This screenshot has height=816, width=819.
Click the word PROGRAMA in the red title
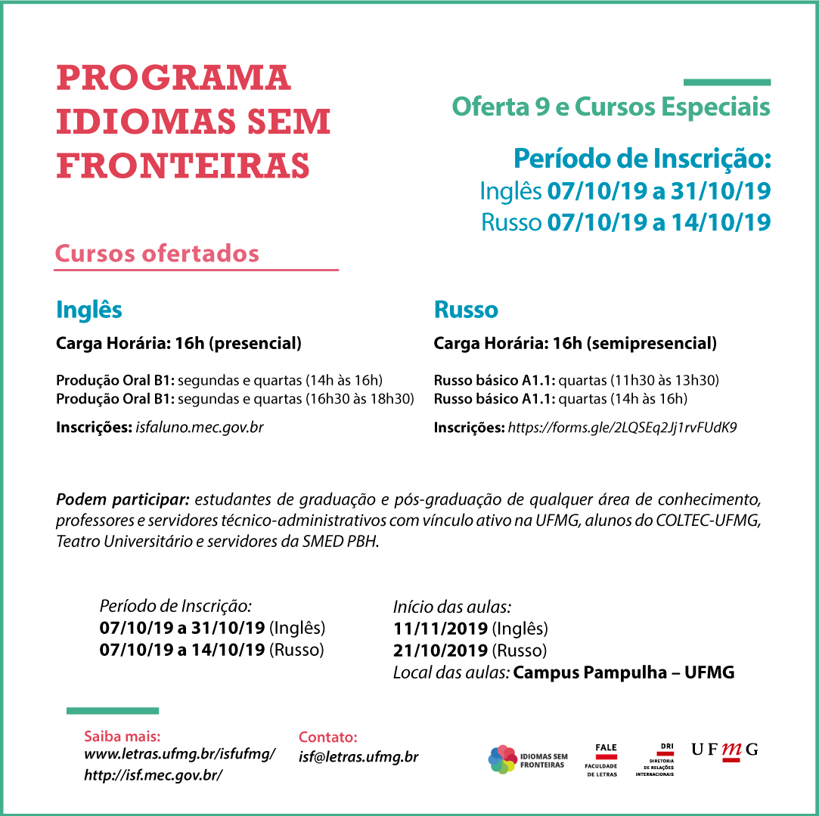point(173,79)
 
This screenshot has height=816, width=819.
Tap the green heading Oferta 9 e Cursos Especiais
point(610,107)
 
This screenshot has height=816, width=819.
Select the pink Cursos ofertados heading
point(157,254)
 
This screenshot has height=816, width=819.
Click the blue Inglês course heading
point(89,310)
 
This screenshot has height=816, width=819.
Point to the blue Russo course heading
point(466,310)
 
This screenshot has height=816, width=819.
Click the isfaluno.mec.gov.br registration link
point(200,428)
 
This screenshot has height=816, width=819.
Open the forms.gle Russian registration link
point(622,428)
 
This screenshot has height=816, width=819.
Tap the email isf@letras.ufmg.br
point(358,757)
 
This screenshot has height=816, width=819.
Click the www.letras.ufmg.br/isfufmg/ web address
point(179,754)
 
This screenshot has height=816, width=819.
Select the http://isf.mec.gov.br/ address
point(154,775)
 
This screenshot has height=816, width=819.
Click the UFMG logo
point(724,750)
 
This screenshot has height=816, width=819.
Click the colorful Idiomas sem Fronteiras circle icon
point(502,759)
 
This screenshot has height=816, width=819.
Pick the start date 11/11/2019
point(441,629)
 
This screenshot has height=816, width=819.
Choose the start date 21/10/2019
point(441,651)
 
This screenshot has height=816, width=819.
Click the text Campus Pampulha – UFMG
point(623,672)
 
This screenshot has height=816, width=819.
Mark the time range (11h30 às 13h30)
point(666,380)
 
